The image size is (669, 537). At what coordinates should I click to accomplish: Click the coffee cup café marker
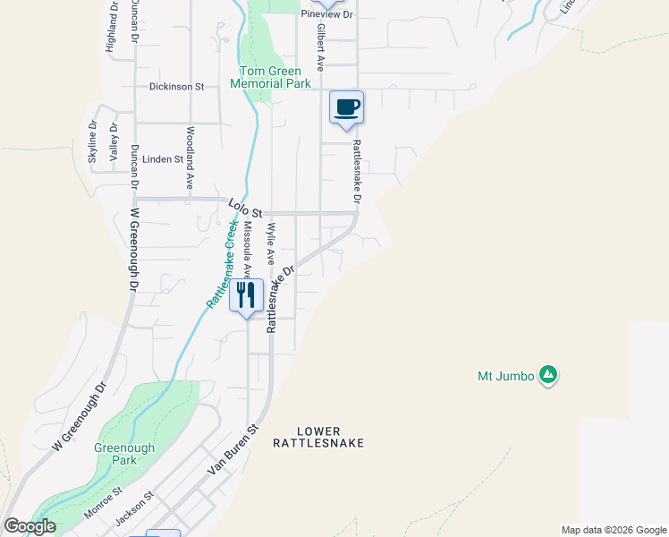point(347,108)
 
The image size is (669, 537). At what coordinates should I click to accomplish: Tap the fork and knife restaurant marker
point(246,294)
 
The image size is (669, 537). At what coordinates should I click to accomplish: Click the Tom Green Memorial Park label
point(270,77)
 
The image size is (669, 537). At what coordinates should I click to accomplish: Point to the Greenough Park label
point(125,454)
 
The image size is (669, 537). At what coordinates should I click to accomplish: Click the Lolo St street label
point(244,209)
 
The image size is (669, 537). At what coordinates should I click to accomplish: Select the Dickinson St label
point(177,87)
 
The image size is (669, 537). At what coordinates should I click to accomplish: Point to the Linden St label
point(162,159)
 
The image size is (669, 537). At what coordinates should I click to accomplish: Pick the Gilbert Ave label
point(319,47)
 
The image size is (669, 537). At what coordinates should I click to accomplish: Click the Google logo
point(30,526)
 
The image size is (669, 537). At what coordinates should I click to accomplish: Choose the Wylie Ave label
point(271,243)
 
